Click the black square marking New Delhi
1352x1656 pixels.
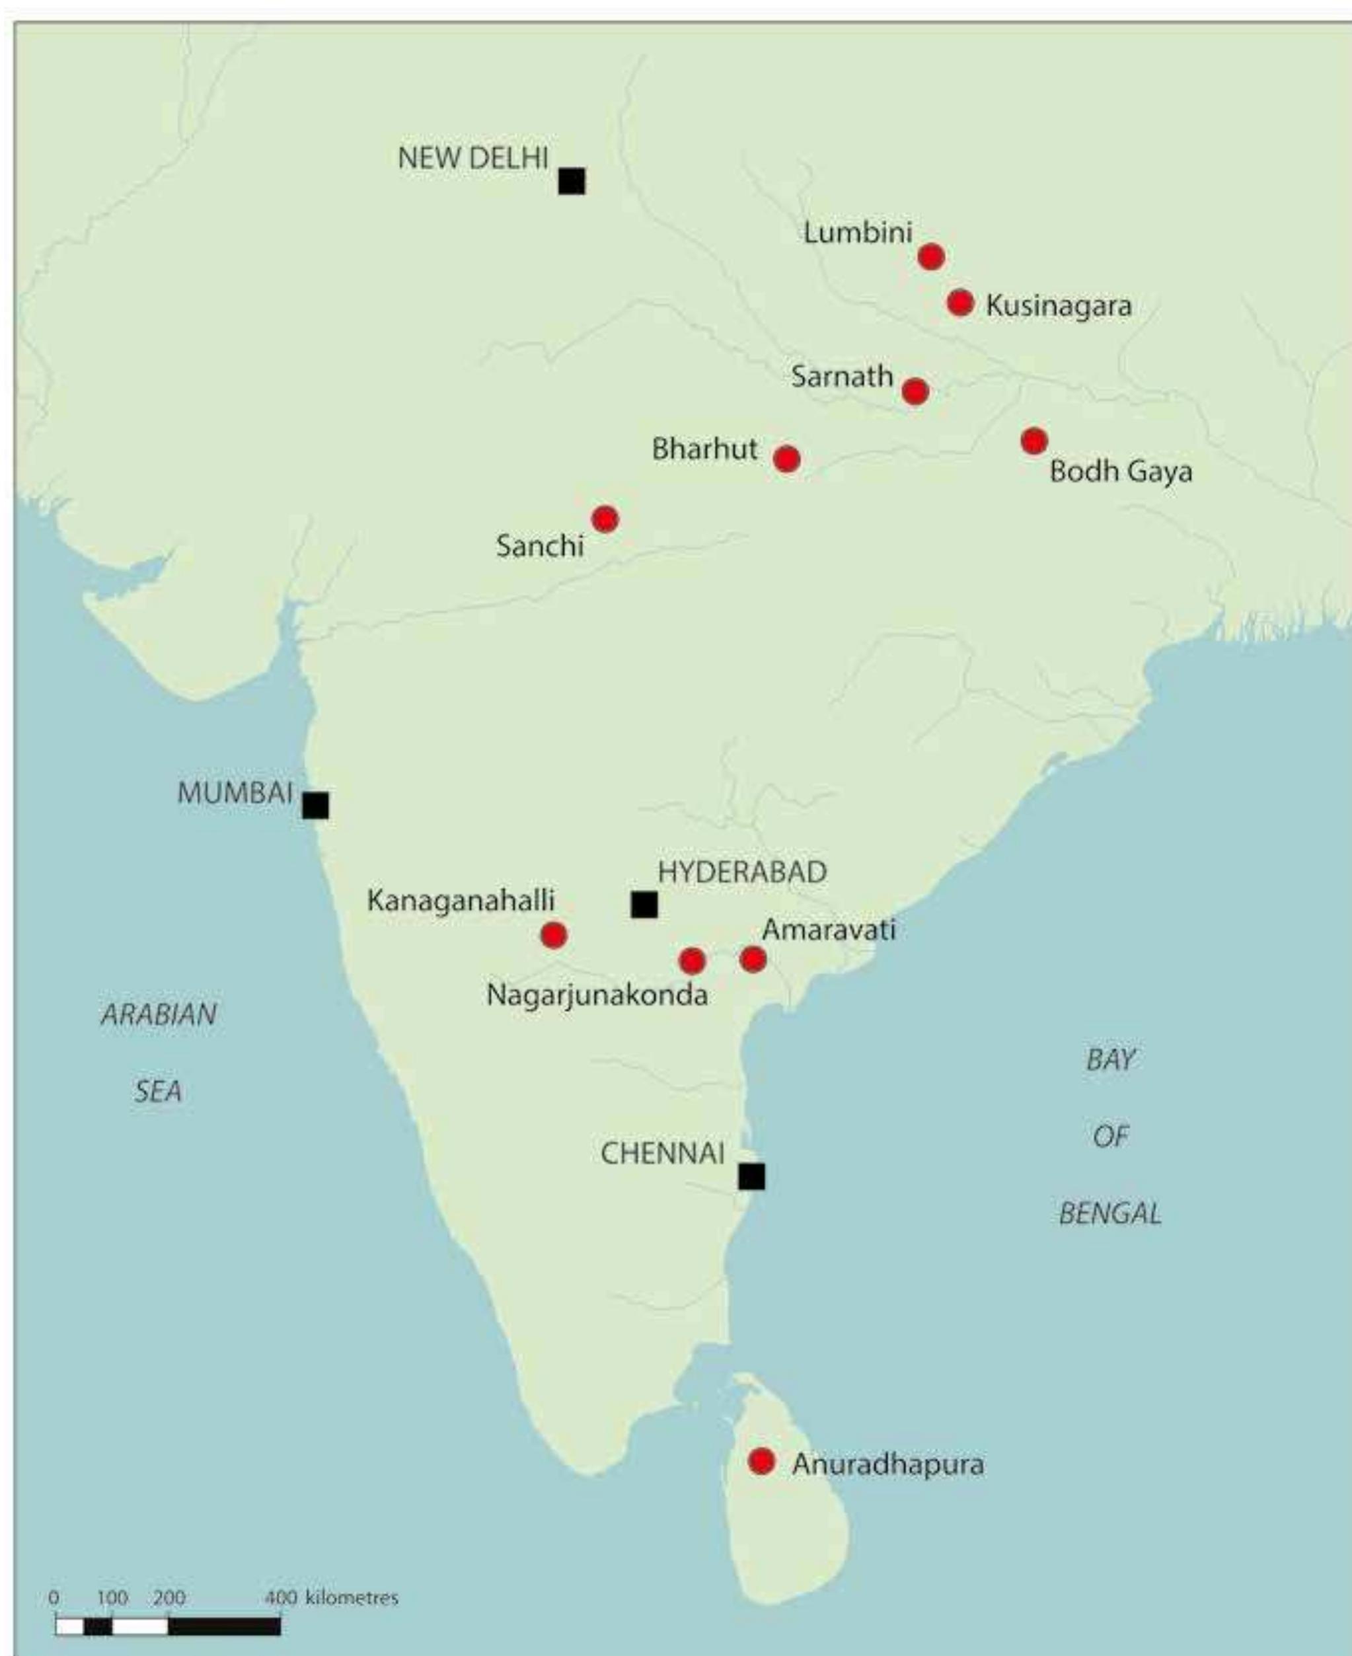pos(572,180)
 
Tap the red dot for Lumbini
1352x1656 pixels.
pos(932,256)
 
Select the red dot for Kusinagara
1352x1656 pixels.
pos(960,302)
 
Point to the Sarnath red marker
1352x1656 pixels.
pos(915,391)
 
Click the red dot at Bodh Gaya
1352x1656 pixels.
pos(1033,441)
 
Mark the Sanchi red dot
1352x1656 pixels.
pos(605,519)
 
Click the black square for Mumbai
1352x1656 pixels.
pos(315,806)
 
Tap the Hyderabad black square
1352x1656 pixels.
pos(644,905)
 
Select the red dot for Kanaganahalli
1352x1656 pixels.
pos(554,934)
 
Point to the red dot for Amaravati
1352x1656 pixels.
pos(753,959)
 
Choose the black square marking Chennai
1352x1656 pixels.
pos(751,1176)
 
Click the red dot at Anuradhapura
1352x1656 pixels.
pos(762,1462)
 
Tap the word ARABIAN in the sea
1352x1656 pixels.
pos(159,1014)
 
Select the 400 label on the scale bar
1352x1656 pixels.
pos(280,1598)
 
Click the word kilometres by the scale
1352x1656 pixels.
pos(352,1598)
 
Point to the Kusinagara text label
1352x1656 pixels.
pos(1059,305)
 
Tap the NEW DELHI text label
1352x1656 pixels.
pos(472,158)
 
